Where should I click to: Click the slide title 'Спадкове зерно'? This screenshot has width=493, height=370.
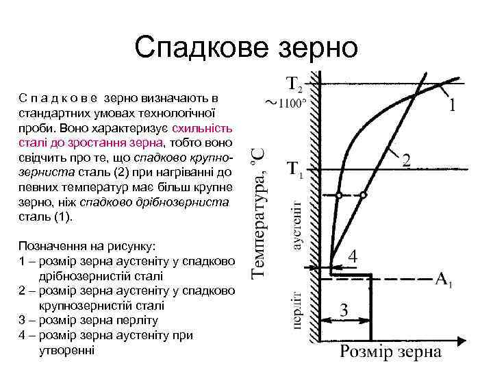coord(246,47)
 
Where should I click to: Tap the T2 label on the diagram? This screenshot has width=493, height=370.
coord(292,84)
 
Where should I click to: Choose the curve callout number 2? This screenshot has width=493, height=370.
coord(407,162)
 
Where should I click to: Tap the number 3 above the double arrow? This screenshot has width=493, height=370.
coord(344,310)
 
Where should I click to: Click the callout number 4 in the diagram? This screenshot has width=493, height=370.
coord(353,256)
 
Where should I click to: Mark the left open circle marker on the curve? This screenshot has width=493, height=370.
coord(339,195)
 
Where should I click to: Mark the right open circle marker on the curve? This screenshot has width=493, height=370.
coord(364,195)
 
